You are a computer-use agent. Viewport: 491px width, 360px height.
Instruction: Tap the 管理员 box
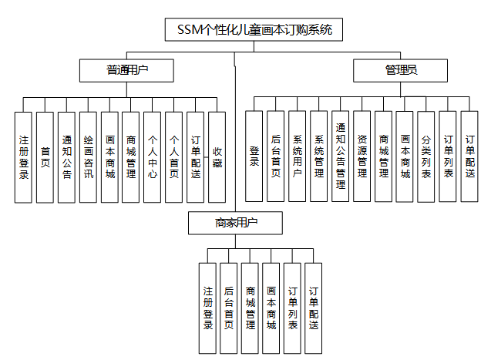point(401,71)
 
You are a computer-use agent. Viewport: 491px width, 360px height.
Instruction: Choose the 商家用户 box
point(237,223)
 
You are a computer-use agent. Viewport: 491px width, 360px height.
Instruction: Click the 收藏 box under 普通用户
point(217,157)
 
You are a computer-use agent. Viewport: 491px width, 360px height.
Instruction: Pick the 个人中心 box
point(153,157)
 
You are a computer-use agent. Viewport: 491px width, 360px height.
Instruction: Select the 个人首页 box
point(174,157)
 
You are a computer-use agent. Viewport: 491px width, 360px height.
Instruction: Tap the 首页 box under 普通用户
point(45,157)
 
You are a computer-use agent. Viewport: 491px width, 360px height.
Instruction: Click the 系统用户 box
point(298,156)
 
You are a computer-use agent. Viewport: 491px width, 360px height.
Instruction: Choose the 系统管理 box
point(319,156)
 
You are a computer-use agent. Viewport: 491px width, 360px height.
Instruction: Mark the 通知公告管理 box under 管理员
point(341,156)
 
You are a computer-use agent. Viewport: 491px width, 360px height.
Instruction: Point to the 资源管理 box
point(362,156)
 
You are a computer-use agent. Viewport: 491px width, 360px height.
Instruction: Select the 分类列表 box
point(427,156)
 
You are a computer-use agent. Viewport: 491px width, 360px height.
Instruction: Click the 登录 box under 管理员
point(254,156)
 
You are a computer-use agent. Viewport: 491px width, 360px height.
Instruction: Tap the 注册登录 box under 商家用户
point(207,308)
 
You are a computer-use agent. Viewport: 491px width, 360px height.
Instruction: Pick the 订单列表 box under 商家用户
point(292,308)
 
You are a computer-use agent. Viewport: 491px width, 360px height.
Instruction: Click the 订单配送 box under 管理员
point(470,156)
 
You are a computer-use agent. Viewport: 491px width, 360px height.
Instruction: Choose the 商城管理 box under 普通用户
point(131,157)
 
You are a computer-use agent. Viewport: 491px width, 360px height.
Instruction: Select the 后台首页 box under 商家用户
point(228,308)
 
